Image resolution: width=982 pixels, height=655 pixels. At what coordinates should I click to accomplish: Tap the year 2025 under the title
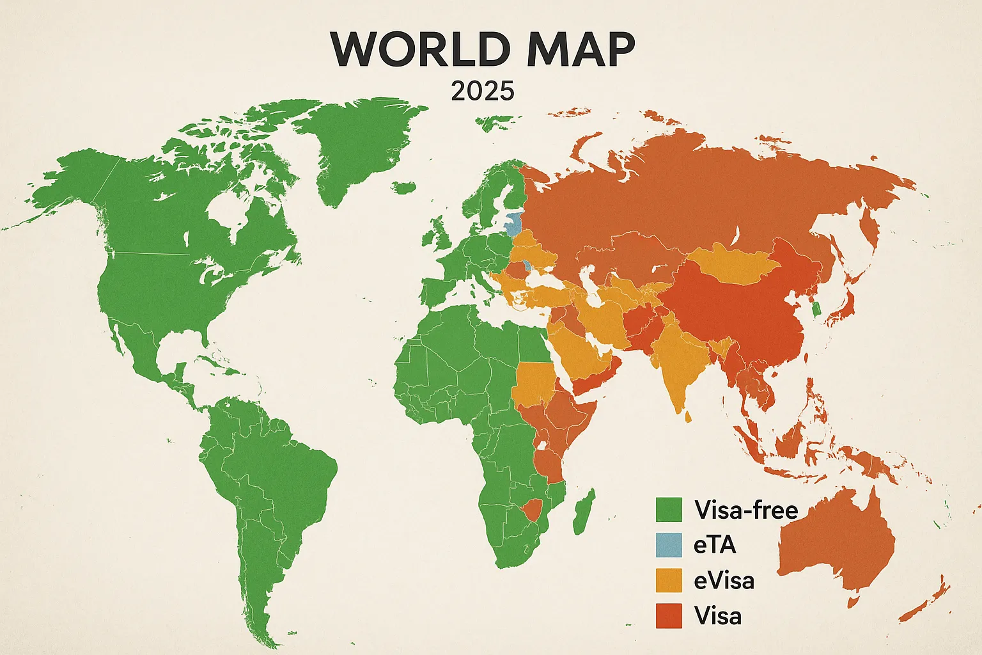(x=482, y=91)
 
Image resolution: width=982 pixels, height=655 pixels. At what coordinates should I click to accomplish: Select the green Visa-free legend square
(x=669, y=510)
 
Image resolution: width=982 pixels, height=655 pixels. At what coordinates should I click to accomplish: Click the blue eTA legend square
(x=669, y=545)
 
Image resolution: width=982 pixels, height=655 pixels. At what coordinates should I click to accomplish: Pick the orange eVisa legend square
(x=669, y=580)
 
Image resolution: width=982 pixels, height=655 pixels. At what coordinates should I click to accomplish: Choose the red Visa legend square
(x=669, y=615)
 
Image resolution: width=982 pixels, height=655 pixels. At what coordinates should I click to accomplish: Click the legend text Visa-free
(x=746, y=510)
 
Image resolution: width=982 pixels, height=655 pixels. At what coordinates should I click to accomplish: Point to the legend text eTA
(x=715, y=545)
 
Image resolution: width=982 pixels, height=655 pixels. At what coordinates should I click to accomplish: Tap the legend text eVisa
(x=724, y=580)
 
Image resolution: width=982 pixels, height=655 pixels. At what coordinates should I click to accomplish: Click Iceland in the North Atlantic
(x=404, y=188)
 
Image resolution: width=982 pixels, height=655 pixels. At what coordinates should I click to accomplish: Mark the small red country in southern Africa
(x=531, y=510)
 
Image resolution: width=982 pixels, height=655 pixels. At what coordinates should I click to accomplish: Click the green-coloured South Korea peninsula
(x=814, y=309)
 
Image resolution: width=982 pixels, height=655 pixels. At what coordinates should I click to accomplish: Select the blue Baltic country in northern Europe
(x=513, y=224)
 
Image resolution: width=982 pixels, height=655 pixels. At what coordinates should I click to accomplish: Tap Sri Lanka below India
(x=688, y=417)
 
